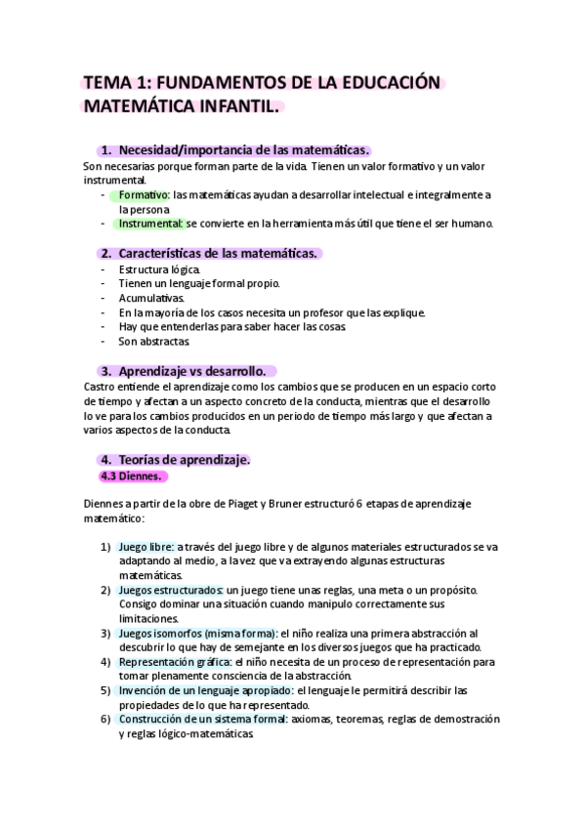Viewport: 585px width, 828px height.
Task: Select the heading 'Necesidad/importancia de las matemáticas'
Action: point(242,149)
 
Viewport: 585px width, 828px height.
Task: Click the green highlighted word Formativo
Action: point(144,194)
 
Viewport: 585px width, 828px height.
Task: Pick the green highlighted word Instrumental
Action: point(150,223)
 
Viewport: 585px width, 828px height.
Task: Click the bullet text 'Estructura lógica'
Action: point(160,269)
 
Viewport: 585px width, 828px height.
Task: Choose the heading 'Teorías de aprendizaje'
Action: point(184,459)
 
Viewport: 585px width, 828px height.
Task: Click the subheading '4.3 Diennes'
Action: point(133,476)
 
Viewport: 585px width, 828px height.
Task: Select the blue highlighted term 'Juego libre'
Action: point(146,547)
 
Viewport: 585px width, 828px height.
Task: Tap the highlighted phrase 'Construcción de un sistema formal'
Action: point(202,719)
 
